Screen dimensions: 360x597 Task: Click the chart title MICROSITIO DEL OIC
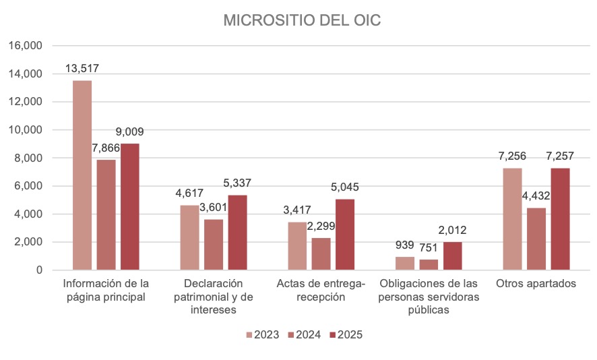tap(302, 21)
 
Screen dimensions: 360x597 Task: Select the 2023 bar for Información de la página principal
tap(82, 175)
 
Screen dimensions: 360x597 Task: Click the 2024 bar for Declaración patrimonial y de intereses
tap(214, 245)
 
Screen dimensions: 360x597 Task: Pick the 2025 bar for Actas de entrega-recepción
tap(345, 235)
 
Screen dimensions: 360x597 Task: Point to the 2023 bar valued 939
tap(405, 264)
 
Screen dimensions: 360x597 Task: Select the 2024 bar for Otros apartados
tap(536, 239)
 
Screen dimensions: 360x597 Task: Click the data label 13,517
tap(82, 69)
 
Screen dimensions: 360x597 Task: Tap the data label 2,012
tap(452, 230)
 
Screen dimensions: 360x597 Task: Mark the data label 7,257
tap(560, 156)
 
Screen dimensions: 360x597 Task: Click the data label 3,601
tap(214, 207)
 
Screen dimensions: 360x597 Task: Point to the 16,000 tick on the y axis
tap(26, 46)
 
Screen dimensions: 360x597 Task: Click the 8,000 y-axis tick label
tap(28, 158)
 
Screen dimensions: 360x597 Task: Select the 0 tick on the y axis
tap(40, 270)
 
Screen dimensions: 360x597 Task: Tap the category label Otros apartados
tap(536, 284)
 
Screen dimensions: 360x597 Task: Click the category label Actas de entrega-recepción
tap(321, 290)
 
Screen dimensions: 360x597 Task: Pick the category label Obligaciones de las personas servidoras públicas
tap(429, 297)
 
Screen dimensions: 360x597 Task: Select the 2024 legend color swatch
tap(291, 334)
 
